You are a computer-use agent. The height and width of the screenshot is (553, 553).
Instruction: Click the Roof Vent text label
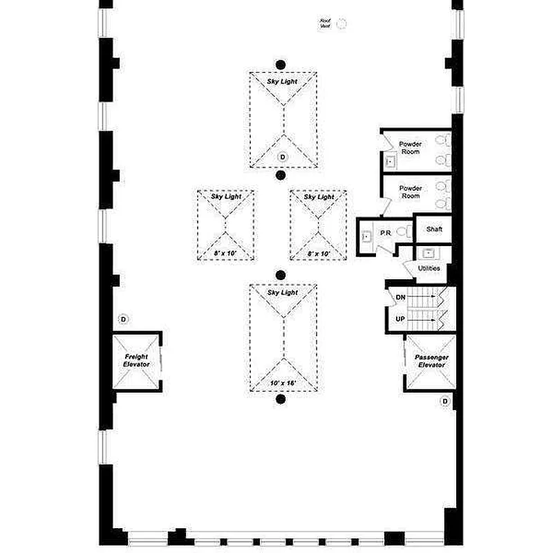point(325,24)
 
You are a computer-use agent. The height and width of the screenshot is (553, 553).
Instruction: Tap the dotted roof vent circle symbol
point(341,24)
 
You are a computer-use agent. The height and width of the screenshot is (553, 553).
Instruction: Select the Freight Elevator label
point(136,361)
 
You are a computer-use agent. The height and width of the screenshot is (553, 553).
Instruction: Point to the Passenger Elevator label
point(431,361)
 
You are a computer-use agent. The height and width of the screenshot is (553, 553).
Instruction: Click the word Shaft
point(434,229)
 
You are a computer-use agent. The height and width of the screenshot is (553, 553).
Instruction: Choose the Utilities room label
point(429,268)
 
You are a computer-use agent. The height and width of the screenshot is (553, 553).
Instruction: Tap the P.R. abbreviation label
point(386,234)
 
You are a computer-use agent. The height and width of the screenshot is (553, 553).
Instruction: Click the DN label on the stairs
point(400,297)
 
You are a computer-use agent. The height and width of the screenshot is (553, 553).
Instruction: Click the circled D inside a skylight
point(283,158)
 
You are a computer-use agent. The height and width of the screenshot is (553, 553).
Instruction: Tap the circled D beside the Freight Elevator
point(124,319)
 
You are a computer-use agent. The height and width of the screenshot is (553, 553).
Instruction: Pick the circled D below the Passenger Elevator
point(445,401)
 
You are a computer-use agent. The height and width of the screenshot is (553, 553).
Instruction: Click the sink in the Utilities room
point(429,253)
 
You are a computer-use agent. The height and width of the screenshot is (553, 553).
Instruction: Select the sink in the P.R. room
point(366,236)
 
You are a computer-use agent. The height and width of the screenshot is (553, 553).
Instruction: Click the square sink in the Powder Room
point(391,162)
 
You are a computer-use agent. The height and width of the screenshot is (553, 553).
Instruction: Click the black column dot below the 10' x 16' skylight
point(281,400)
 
